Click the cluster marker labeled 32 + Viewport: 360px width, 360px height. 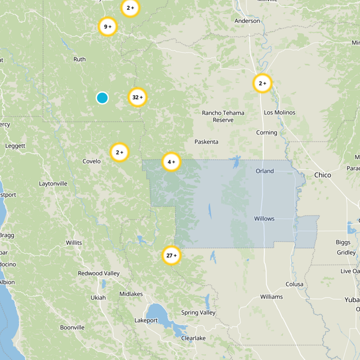(138, 97)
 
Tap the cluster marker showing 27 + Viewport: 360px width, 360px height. (171, 256)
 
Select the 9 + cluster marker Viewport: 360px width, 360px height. (108, 27)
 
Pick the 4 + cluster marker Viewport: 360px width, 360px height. (171, 162)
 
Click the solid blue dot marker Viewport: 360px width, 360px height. (102, 98)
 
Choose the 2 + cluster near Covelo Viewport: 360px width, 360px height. (120, 153)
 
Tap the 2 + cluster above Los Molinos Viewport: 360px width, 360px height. (262, 83)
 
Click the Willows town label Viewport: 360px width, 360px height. (264, 219)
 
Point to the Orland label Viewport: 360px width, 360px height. (265, 171)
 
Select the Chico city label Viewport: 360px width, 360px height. (323, 175)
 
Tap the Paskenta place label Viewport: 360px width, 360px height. (206, 142)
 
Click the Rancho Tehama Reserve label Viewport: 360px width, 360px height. (223, 117)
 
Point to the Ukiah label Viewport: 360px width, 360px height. (98, 297)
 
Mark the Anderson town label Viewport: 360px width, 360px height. (247, 21)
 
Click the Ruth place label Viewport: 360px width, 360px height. (79, 59)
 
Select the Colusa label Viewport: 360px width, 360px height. (294, 284)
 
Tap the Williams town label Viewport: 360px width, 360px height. (271, 297)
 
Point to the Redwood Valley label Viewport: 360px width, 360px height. (99, 273)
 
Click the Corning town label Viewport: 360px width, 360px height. (266, 133)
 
